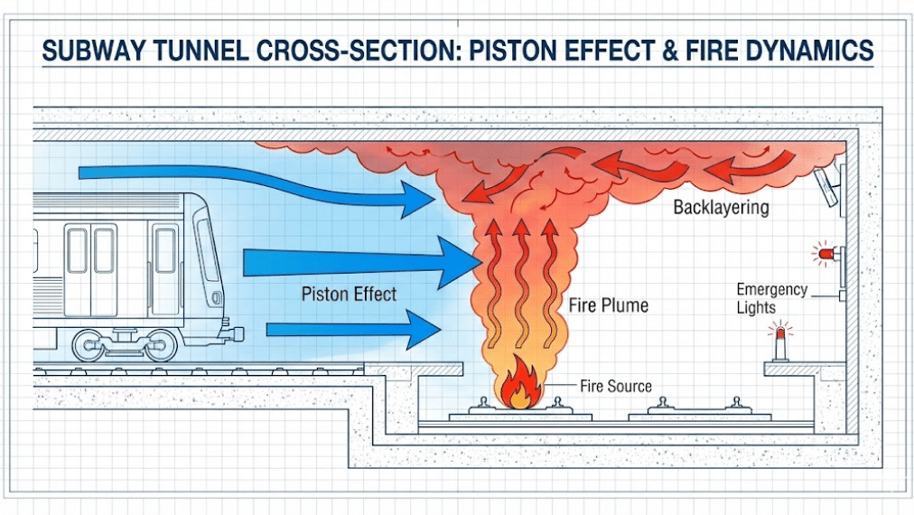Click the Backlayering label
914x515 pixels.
(721, 208)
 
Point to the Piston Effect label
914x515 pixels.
(349, 295)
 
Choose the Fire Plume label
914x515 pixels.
(607, 304)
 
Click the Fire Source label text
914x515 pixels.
(615, 387)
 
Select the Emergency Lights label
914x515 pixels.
(770, 298)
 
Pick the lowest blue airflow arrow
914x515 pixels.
(352, 328)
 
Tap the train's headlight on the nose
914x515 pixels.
(217, 297)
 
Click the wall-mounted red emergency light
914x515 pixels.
(824, 254)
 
